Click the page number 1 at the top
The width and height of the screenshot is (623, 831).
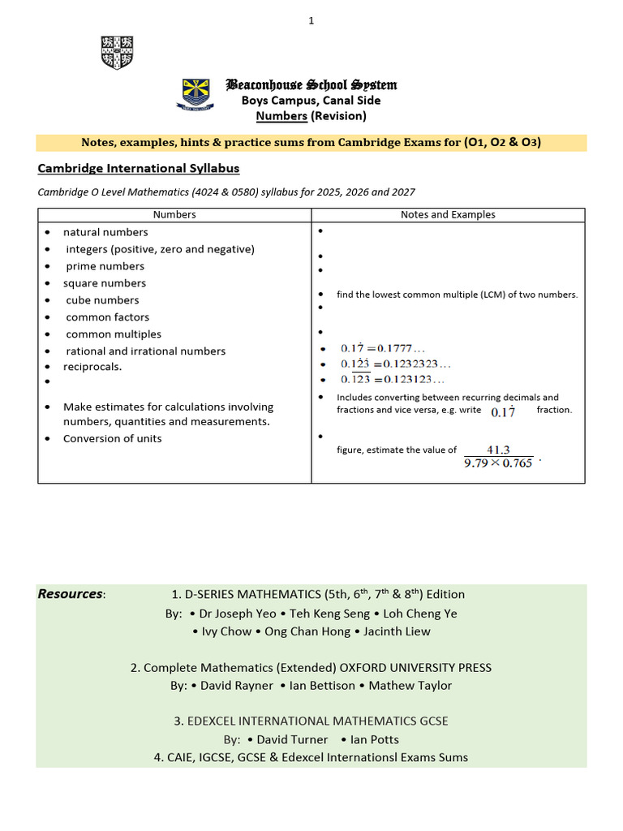click(x=311, y=21)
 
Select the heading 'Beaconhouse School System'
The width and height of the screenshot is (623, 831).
click(x=311, y=85)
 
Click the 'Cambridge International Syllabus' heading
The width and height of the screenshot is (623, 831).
click(x=139, y=169)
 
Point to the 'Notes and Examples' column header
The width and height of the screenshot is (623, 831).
click(x=448, y=215)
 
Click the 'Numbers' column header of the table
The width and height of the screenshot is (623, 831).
click(x=174, y=215)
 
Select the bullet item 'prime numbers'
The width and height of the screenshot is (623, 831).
click(x=105, y=266)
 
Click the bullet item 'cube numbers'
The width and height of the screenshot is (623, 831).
click(x=102, y=300)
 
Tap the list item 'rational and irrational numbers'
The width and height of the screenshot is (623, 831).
click(x=145, y=351)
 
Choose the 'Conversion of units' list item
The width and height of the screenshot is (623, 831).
click(x=112, y=439)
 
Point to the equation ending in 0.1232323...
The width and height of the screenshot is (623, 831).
click(x=395, y=364)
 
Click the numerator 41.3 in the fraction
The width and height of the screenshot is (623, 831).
click(x=498, y=450)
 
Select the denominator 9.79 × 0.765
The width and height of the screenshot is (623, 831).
click(x=498, y=463)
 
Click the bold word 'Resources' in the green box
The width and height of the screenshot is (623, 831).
click(x=71, y=594)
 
